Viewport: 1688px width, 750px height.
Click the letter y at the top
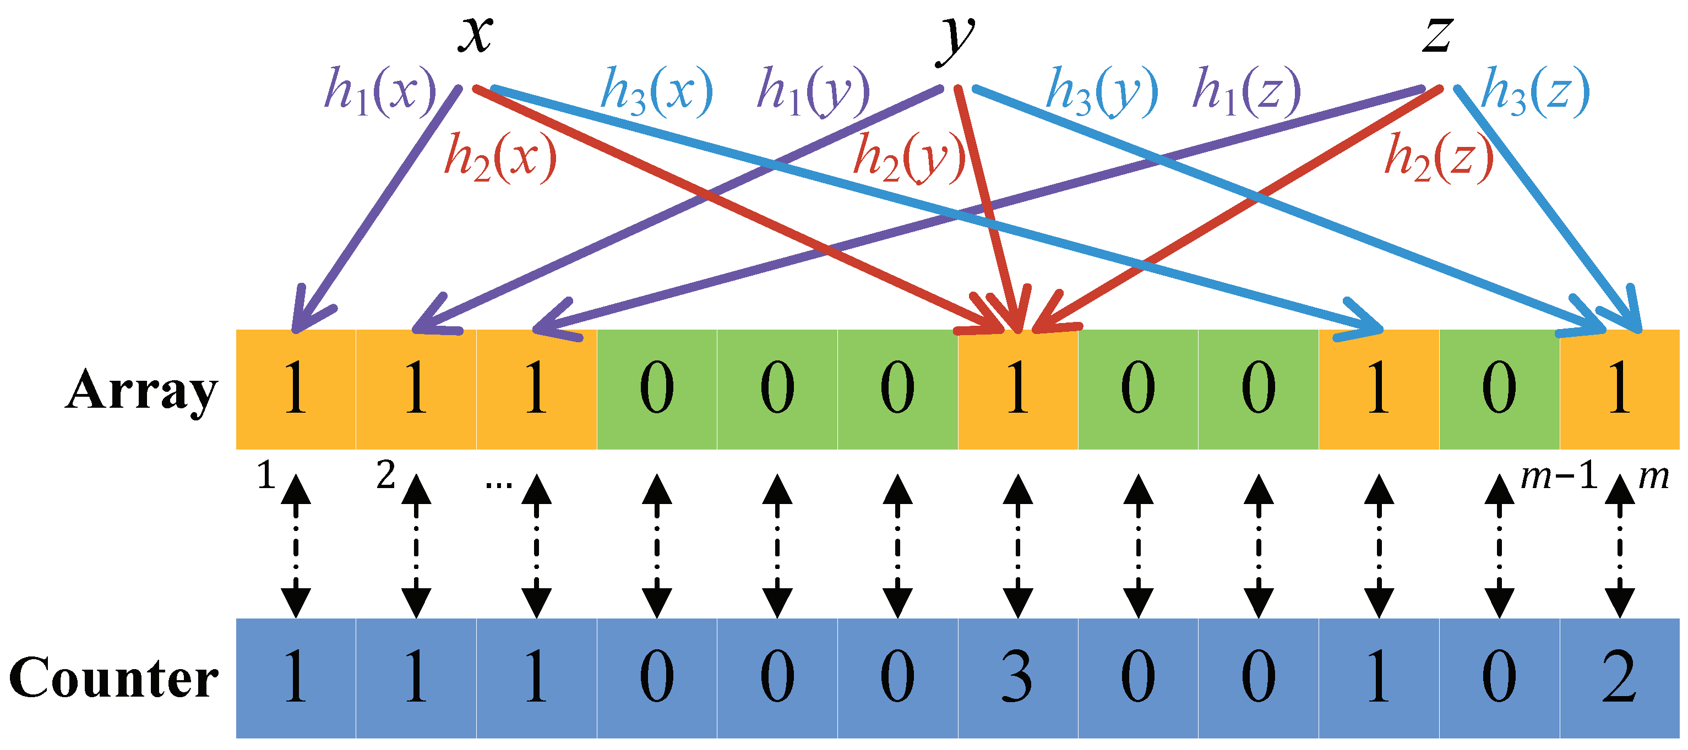[955, 39]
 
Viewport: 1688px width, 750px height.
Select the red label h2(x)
[500, 157]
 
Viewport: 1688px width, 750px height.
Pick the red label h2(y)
[909, 157]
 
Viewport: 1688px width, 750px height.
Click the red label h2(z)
[1439, 157]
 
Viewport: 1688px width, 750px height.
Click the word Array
[141, 390]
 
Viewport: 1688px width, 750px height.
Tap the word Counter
[114, 678]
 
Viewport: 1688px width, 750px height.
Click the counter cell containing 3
[1017, 678]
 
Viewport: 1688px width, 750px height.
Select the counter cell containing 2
[1619, 678]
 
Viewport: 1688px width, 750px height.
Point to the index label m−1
[1558, 475]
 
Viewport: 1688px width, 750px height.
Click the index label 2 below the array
[386, 475]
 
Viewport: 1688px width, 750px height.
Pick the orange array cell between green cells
[1017, 390]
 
